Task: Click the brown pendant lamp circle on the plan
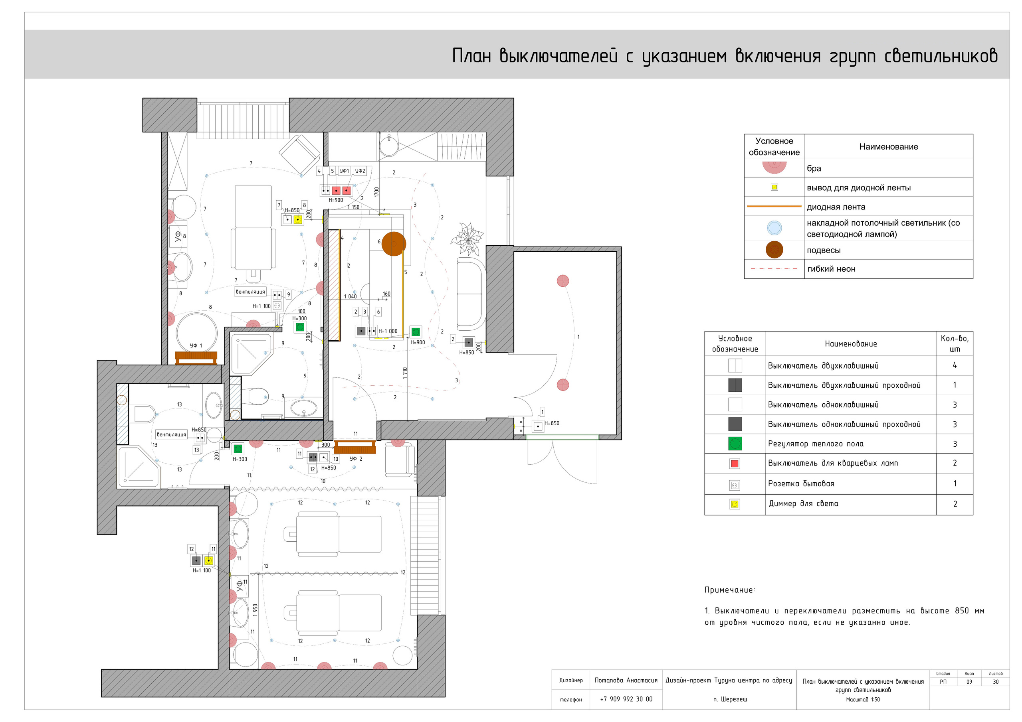[x=394, y=244]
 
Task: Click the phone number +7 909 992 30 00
[x=626, y=699]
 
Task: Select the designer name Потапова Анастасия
[x=626, y=680]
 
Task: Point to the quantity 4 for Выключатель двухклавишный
[x=955, y=365]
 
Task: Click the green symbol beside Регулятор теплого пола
[x=735, y=444]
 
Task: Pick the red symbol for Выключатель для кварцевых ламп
[x=735, y=464]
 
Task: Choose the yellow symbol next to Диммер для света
[x=735, y=504]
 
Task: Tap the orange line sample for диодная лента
[x=774, y=206]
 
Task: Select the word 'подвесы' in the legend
[x=824, y=250]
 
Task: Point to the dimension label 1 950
[x=255, y=610]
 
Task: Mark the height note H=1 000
[x=388, y=331]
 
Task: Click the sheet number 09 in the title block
[x=969, y=682]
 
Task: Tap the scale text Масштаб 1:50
[x=863, y=699]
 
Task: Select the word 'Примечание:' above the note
[x=729, y=590]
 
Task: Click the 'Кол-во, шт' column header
[x=955, y=343]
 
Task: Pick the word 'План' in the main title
[x=471, y=56]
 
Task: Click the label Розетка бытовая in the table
[x=801, y=483]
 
